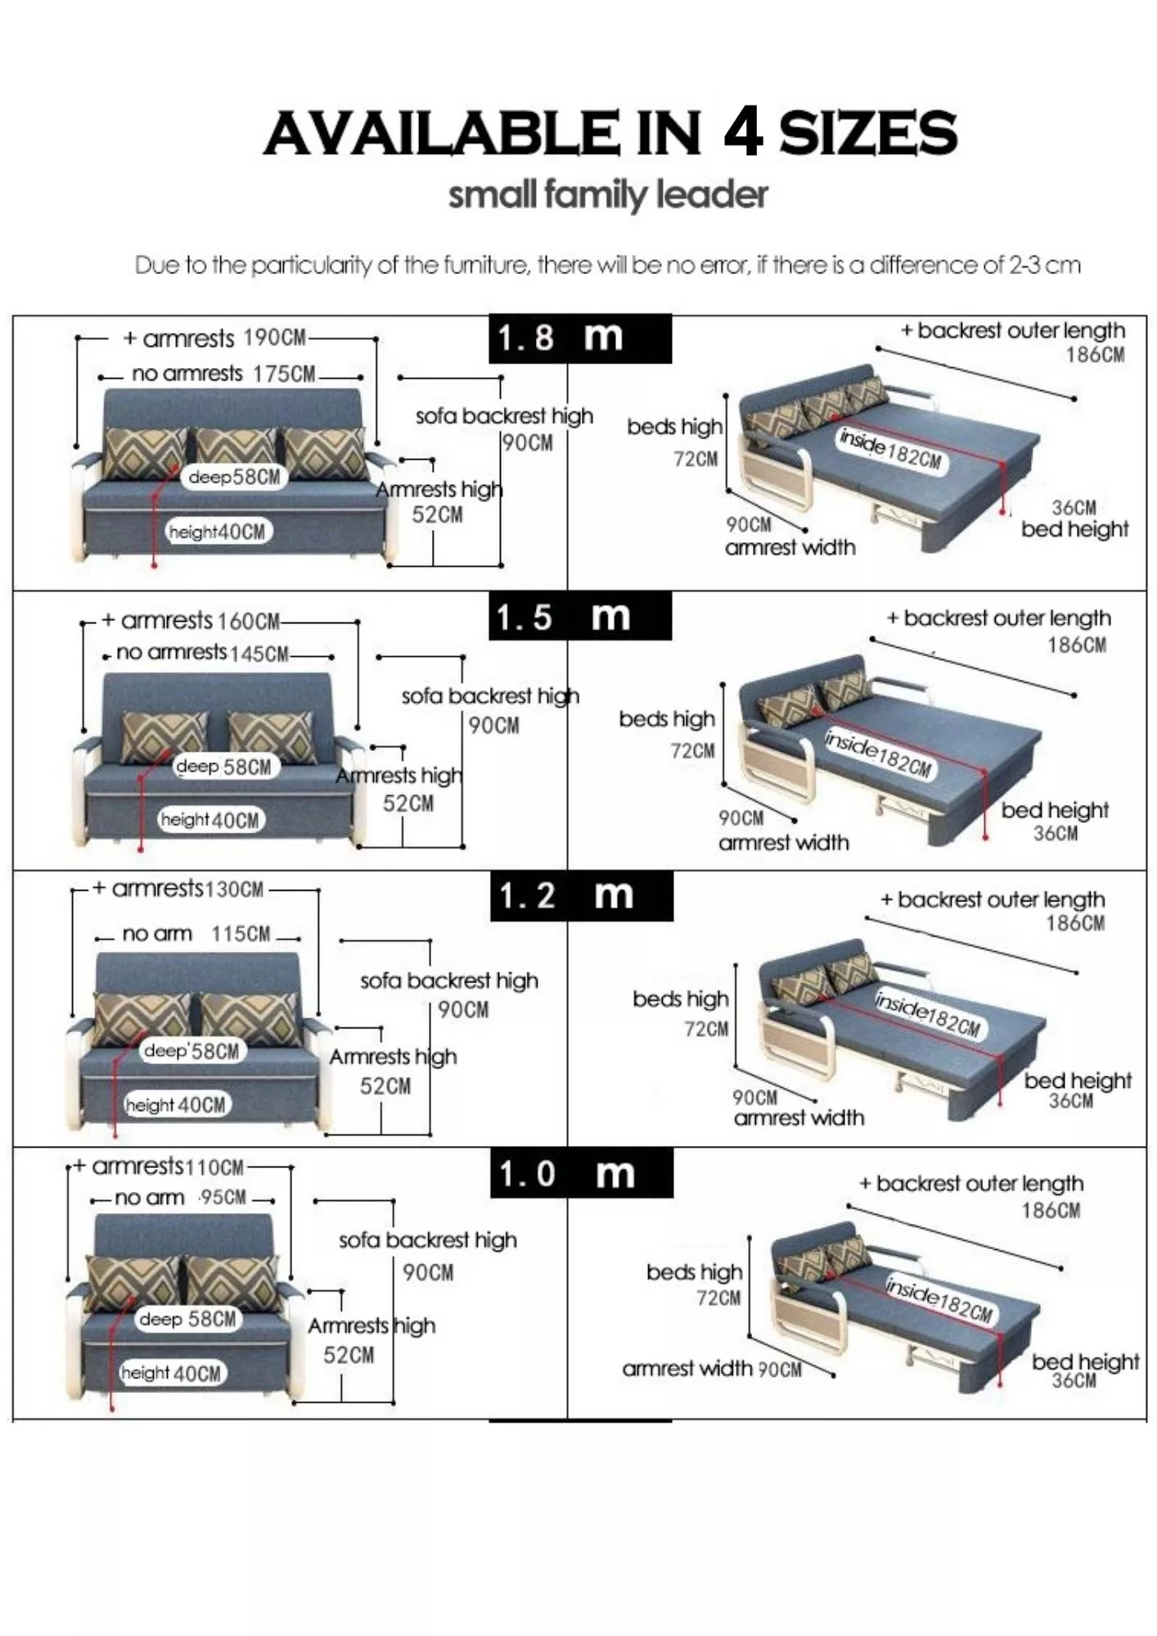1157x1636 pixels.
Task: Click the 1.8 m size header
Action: pos(579,338)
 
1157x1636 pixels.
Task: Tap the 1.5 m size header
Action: pos(579,618)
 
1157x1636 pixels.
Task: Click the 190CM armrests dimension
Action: pos(274,338)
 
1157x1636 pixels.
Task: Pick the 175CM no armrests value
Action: pos(283,375)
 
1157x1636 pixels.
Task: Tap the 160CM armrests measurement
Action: pos(249,622)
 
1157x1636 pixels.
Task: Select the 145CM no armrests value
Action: pos(259,654)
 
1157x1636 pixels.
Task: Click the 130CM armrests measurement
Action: pos(234,890)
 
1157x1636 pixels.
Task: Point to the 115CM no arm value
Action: pos(241,934)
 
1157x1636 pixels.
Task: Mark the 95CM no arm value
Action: pos(223,1198)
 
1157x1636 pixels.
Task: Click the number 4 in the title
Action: pos(742,133)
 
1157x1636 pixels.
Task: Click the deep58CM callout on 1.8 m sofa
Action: pos(234,477)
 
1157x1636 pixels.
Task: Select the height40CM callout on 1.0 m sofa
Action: pos(171,1373)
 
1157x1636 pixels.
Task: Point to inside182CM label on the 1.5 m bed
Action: pos(878,754)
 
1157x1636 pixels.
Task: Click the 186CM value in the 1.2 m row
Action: pos(1075,924)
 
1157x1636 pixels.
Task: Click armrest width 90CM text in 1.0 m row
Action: pos(712,1369)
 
